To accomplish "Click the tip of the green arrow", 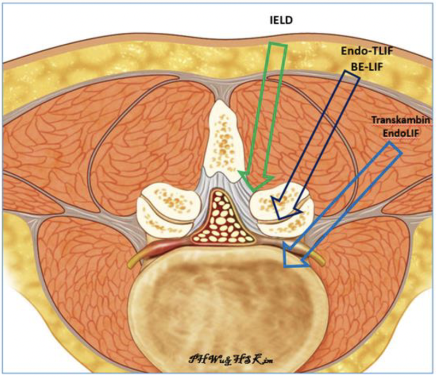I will click(252, 190).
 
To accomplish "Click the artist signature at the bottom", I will click(218, 359).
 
